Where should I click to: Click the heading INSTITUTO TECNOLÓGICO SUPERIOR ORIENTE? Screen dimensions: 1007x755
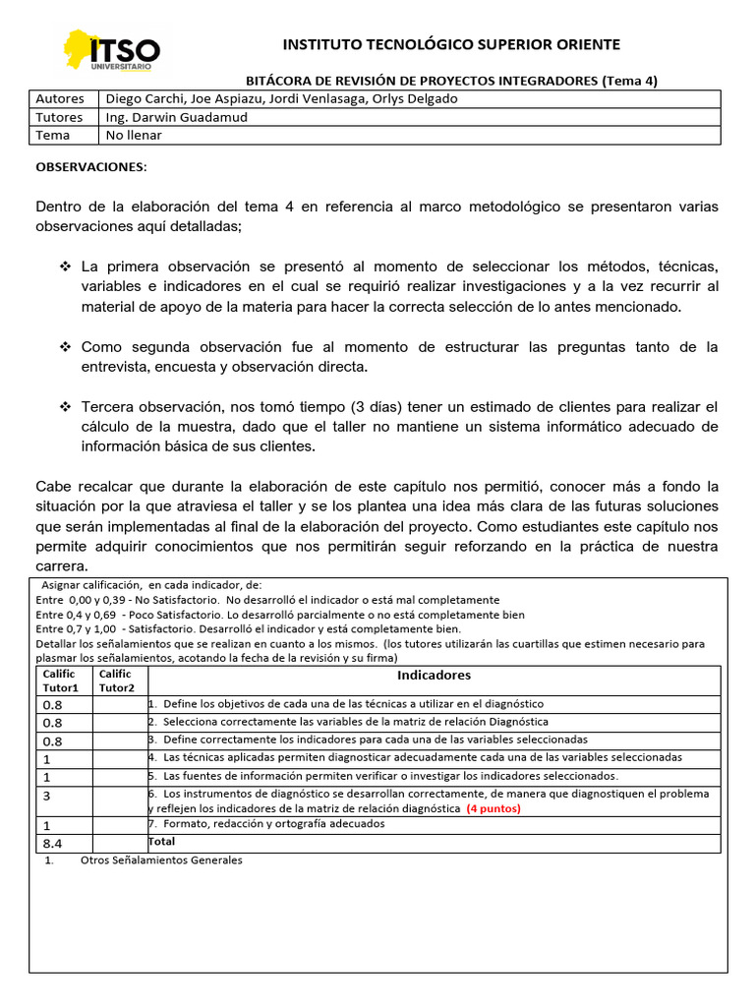coord(451,44)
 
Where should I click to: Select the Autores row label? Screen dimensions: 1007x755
coord(59,99)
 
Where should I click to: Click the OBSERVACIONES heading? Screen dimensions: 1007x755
coord(90,167)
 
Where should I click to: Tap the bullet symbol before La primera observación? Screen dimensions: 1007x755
coord(66,267)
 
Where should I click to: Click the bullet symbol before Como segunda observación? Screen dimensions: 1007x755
coord(66,347)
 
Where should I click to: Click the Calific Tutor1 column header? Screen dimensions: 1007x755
coord(60,681)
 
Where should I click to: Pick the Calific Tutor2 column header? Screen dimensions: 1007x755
coord(118,681)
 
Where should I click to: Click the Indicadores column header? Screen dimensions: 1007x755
coord(434,676)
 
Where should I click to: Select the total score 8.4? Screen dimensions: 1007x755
coord(51,844)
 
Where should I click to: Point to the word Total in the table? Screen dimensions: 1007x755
coord(161,842)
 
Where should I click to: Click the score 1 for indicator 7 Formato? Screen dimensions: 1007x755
coord(46,826)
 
